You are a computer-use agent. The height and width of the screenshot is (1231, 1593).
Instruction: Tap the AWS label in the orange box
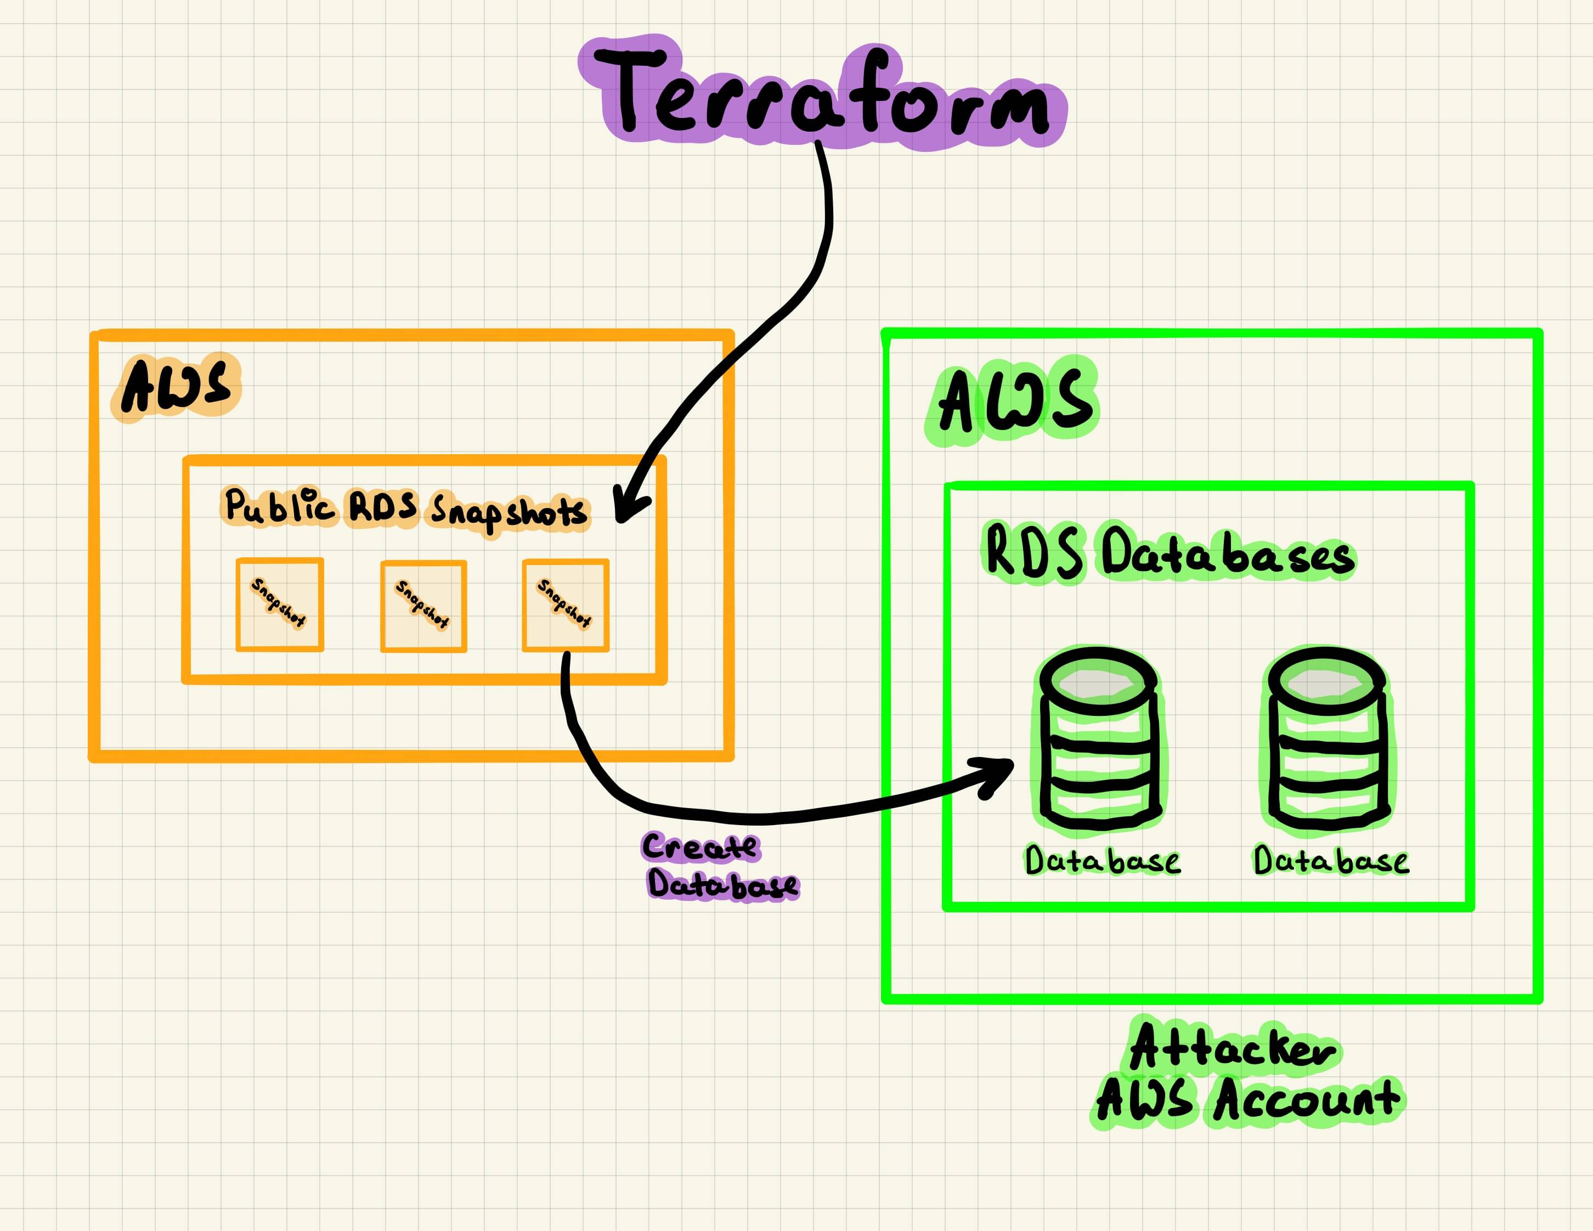tap(176, 387)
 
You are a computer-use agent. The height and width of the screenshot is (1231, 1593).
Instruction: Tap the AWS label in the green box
tap(1014, 400)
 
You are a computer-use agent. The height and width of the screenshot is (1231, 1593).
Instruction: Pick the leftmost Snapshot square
tap(279, 605)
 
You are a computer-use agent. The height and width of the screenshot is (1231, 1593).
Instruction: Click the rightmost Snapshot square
tap(565, 605)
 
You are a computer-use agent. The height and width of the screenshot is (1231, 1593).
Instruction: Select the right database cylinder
tap(1327, 739)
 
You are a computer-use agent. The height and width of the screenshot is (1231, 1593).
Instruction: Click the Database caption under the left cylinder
tap(1101, 861)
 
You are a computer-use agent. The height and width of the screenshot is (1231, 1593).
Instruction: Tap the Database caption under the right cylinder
tap(1330, 861)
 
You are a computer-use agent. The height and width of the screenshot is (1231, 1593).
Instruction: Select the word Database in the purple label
tap(722, 885)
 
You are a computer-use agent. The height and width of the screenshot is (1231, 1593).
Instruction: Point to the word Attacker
tap(1232, 1049)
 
